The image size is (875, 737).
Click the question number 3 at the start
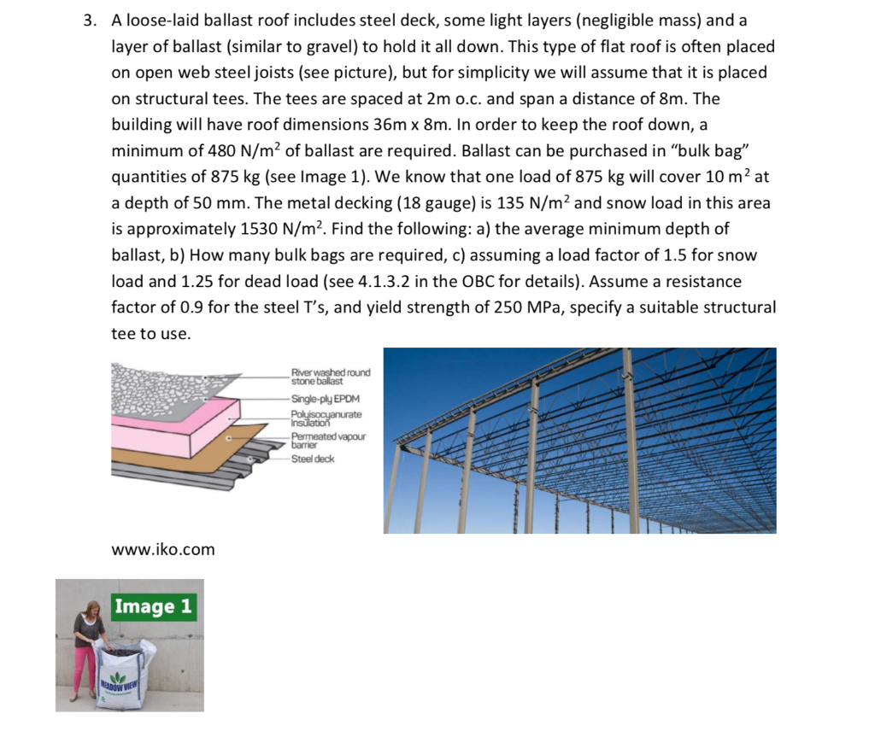click(x=89, y=20)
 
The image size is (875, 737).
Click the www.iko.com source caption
click(x=163, y=549)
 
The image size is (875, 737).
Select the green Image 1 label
click(x=154, y=606)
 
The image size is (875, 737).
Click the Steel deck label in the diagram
click(x=313, y=459)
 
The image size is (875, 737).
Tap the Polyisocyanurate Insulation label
click(x=326, y=418)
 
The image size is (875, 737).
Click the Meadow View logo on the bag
click(x=120, y=684)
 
